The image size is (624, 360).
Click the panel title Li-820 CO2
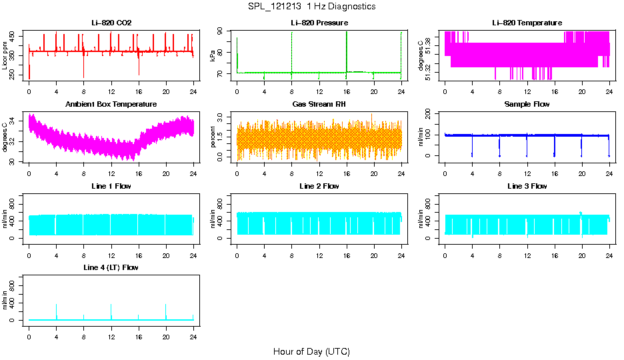[111, 23]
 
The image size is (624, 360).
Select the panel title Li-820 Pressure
[319, 23]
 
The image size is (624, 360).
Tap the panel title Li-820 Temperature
[527, 23]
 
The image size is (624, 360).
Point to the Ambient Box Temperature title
[111, 105]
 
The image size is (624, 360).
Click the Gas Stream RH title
[319, 105]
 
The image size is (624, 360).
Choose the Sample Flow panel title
[527, 105]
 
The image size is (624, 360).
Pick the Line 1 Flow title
[111, 186]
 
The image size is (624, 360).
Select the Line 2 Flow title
[319, 186]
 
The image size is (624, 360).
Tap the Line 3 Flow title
[527, 186]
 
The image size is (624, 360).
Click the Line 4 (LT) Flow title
[111, 267]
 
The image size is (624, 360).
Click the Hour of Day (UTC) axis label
[311, 351]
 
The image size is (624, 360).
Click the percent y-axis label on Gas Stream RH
[213, 137]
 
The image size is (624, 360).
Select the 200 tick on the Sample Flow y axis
[429, 114]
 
